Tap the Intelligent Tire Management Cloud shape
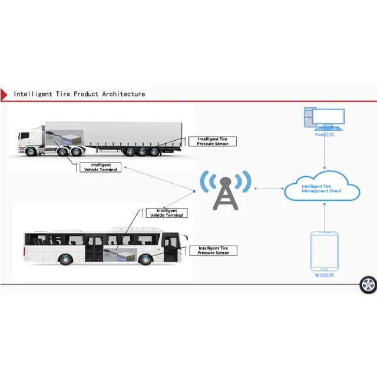322,188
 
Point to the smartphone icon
323,250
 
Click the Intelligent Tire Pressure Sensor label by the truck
213,141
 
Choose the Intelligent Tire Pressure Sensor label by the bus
213,250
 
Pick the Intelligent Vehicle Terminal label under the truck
100,167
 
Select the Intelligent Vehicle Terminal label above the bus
167,213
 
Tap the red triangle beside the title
4,94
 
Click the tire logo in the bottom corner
368,285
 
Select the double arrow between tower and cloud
269,189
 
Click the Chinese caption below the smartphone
323,275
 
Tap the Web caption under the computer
324,135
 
